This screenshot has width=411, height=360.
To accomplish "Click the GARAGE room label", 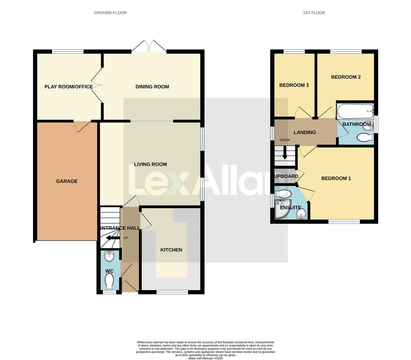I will [67, 181].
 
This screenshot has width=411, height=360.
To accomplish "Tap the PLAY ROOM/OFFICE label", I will [69, 87].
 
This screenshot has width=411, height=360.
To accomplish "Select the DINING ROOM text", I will [152, 87].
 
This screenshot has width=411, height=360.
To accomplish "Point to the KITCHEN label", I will [171, 250].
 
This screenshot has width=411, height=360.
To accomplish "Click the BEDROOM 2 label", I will [346, 77].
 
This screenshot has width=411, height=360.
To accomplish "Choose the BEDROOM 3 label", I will [294, 85].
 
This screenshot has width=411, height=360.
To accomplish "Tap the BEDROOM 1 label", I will [336, 178].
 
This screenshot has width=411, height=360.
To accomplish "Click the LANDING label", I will [305, 132].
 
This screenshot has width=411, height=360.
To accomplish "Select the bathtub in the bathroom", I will [355, 111].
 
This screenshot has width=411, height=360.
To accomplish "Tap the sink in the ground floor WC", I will [109, 257].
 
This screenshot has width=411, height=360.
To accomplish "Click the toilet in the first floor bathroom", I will [364, 137].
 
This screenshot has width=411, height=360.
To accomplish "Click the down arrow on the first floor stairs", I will [285, 154].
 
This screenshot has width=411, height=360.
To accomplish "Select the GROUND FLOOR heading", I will [110, 13].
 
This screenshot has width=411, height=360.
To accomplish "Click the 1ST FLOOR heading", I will [314, 13].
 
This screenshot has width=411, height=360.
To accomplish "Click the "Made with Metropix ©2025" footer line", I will [205, 358].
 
